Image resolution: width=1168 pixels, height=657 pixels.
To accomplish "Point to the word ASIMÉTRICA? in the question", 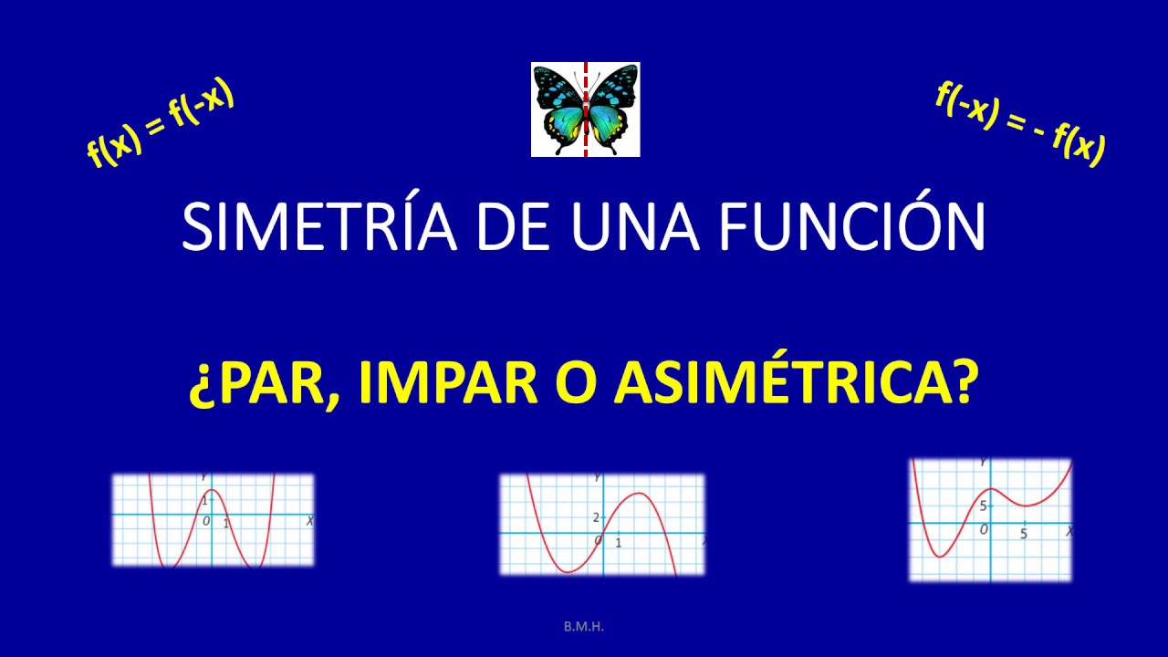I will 793,386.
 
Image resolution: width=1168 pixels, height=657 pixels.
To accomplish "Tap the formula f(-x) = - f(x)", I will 1020,123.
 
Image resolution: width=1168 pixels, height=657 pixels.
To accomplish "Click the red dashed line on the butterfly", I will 585,109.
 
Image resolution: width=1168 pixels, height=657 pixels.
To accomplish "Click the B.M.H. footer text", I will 584,627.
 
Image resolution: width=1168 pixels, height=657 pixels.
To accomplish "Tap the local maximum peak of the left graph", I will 211,491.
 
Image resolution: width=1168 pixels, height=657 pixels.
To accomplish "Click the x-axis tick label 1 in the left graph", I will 226,523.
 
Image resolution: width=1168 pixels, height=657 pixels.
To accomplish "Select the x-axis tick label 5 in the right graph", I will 1024,534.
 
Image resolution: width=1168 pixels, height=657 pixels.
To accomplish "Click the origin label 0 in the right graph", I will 983,530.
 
